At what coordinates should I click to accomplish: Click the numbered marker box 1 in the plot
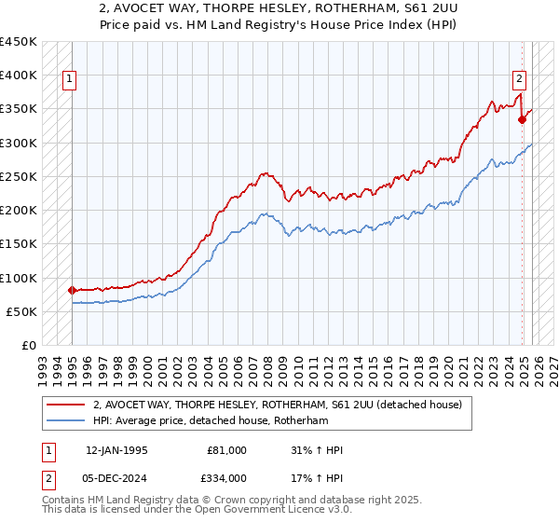point(70,80)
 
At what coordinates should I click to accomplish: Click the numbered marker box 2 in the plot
point(519,80)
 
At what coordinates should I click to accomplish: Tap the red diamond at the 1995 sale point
point(72,290)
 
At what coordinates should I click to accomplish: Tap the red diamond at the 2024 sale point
point(523,119)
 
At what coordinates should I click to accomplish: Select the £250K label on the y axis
point(19,177)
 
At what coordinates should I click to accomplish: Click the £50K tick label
point(22,312)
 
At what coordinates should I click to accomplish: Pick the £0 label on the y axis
point(30,346)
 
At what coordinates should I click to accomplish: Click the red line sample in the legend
point(66,405)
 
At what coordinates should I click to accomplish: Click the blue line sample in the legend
point(66,421)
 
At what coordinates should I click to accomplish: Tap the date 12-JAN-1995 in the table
point(116,450)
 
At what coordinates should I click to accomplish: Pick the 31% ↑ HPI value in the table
point(317,450)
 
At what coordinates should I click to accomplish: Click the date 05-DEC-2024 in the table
point(116,478)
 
